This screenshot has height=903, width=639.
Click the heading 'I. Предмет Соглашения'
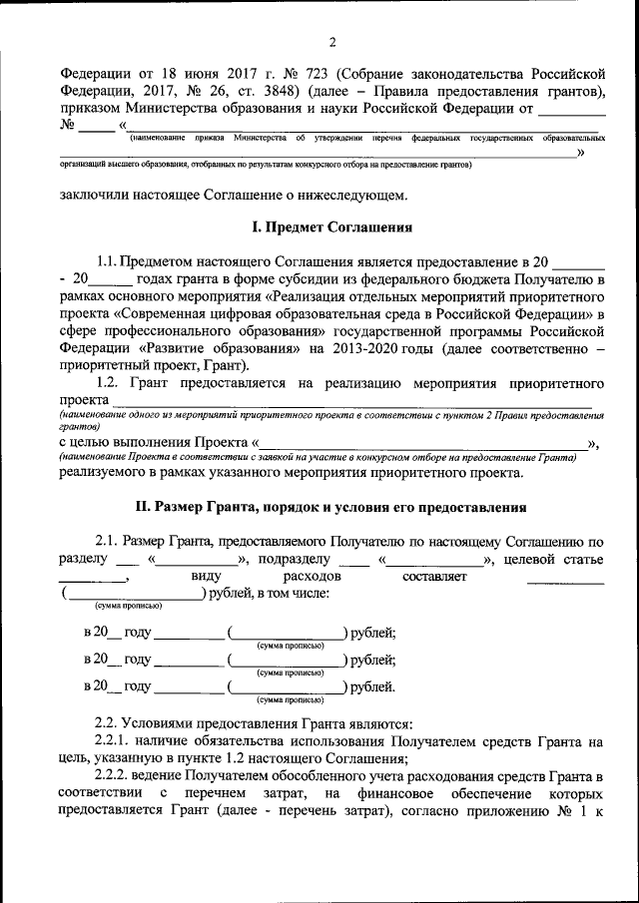(331, 227)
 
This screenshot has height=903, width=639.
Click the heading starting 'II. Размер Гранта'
(331, 506)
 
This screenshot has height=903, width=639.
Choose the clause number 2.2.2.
(115, 777)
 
